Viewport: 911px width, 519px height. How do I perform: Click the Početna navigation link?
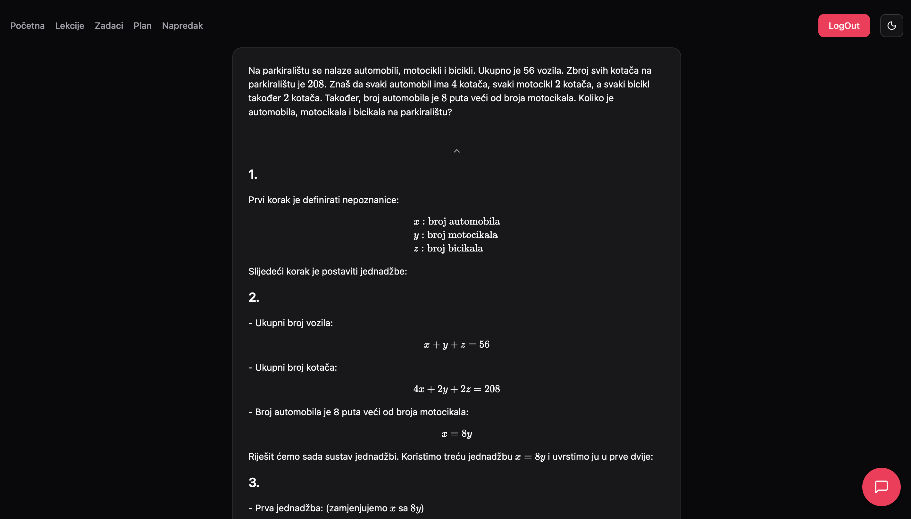click(28, 26)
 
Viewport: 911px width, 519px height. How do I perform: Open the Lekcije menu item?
click(70, 26)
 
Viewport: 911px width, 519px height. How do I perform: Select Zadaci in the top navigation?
click(109, 26)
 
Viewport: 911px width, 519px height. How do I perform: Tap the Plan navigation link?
click(142, 26)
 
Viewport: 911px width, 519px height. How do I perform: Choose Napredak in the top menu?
click(182, 26)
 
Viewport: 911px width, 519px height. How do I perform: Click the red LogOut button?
click(844, 26)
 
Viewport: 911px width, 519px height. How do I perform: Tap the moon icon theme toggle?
click(891, 26)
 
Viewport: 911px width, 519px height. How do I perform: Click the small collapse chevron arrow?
click(456, 151)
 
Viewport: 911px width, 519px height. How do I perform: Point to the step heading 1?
click(253, 175)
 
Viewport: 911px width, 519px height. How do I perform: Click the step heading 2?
click(254, 297)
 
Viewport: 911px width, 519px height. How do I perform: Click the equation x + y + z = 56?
click(456, 345)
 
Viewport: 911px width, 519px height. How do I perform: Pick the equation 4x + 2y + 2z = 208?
click(456, 389)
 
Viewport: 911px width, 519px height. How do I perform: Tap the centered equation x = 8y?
click(456, 434)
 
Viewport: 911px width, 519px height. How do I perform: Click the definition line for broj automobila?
click(456, 221)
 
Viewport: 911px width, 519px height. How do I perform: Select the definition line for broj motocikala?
click(455, 235)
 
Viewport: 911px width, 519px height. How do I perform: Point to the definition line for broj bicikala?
click(448, 249)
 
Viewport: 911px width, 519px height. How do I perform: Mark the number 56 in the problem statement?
click(529, 70)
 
